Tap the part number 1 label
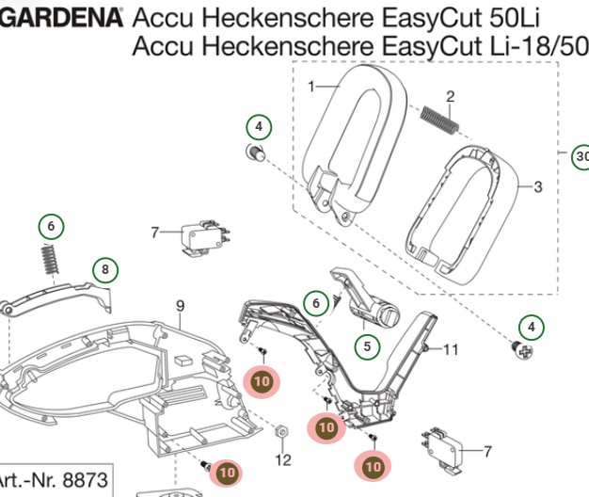point(311,87)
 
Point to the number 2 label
point(451,96)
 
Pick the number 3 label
point(538,186)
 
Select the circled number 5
point(367,346)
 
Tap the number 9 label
point(180,305)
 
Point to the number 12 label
point(283,459)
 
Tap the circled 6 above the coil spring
point(51,226)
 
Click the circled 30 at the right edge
point(581,156)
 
